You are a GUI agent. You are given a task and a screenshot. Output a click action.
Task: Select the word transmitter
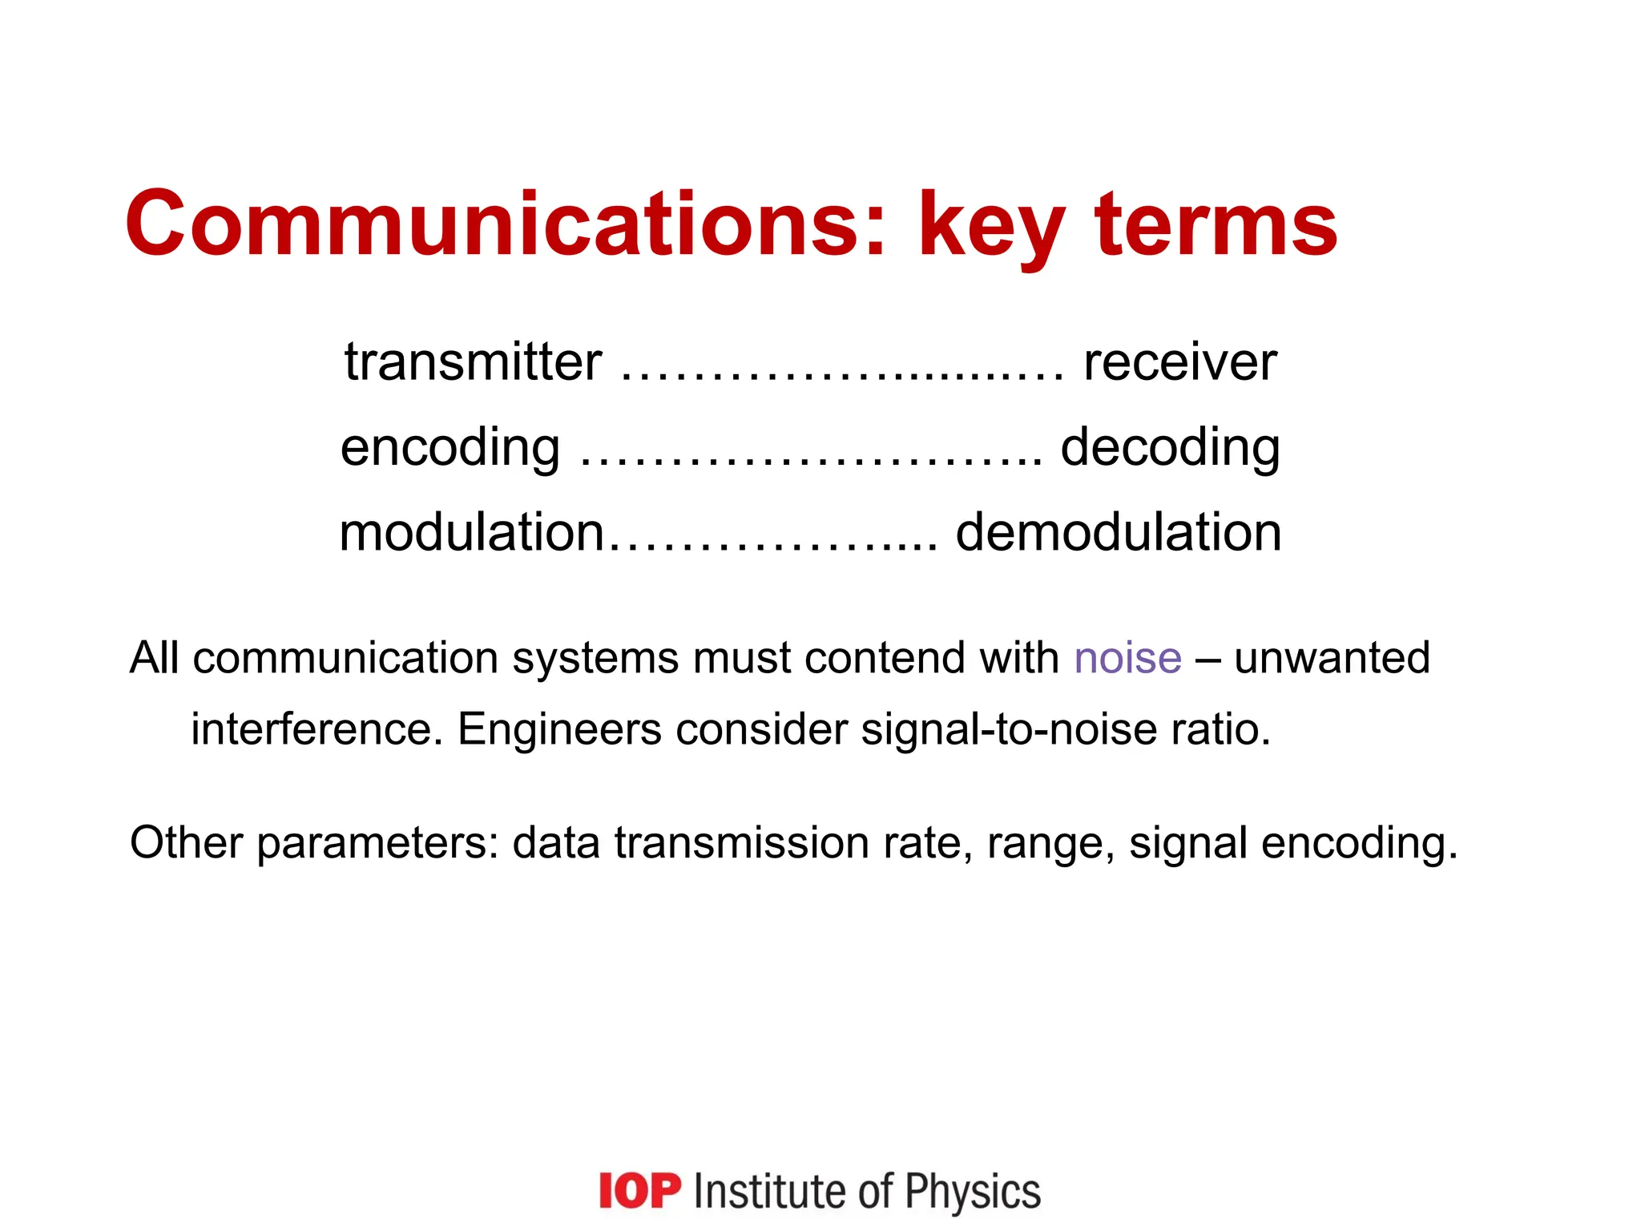click(473, 362)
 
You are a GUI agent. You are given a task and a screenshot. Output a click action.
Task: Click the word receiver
click(1179, 362)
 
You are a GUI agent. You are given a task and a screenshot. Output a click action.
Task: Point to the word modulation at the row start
click(471, 532)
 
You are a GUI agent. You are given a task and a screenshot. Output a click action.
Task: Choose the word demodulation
click(1119, 532)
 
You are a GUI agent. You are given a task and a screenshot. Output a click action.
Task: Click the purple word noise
click(1127, 659)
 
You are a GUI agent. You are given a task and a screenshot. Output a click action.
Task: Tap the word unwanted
click(1332, 659)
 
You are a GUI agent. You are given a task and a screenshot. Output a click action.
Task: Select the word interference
click(317, 729)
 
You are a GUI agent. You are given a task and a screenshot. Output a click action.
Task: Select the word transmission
click(741, 843)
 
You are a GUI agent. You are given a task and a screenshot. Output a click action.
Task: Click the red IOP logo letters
click(639, 1191)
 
